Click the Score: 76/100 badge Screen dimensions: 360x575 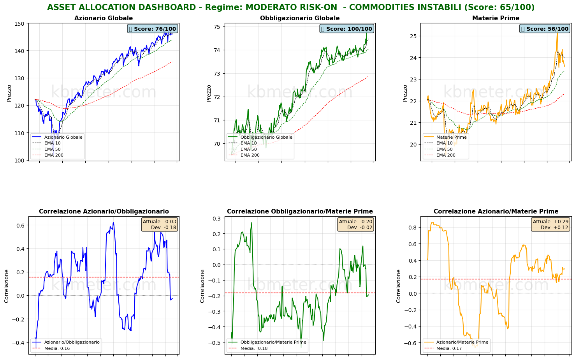152,29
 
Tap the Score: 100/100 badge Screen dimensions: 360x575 346,29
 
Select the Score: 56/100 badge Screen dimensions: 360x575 545,29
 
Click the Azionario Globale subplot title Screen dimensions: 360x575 104,18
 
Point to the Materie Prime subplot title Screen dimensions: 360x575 496,18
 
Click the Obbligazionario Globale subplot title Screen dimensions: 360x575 300,18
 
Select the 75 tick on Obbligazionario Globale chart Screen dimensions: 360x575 217,27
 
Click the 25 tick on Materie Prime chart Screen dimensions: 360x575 413,36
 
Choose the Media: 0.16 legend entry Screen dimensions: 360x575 57,348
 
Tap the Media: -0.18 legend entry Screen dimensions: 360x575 254,348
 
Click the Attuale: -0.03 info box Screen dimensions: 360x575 159,224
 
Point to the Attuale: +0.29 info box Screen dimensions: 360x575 550,224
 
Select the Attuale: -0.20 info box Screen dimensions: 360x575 355,224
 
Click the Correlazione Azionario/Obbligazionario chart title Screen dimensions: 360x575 104,212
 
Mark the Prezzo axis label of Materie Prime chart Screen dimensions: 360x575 405,93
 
